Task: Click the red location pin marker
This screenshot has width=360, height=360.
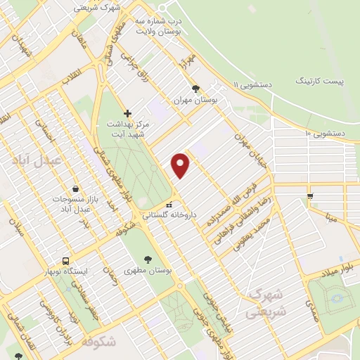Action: click(x=181, y=165)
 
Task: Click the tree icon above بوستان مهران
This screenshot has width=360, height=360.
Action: click(x=196, y=89)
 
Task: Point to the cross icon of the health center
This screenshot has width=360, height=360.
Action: click(x=127, y=112)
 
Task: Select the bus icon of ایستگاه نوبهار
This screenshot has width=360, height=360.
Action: click(x=65, y=259)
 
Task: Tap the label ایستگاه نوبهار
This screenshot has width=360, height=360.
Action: click(x=65, y=271)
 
